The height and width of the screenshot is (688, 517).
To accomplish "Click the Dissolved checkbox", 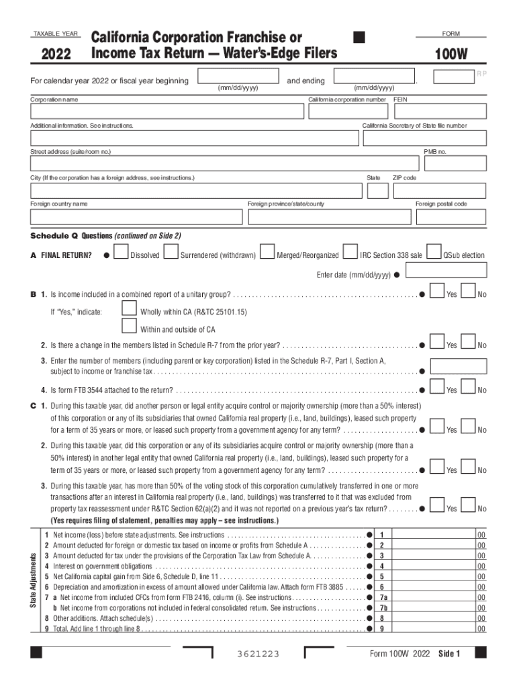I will pos(122,252).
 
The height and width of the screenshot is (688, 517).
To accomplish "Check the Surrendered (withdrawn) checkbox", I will pos(171,252).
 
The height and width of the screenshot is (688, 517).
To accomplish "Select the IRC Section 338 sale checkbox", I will pos(350,252).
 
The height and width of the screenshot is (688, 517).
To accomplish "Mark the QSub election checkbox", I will pos(434,252).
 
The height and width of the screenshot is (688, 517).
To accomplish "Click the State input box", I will pos(378,191).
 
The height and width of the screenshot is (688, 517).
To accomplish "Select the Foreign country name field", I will pos(136,216).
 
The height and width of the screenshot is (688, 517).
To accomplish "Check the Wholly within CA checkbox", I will pos(129,309).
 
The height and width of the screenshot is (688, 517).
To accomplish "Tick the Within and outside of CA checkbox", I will pos(129,327).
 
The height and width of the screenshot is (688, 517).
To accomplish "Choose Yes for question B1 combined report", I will pos(436,292).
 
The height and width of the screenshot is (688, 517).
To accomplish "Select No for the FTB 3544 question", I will pos(468,386).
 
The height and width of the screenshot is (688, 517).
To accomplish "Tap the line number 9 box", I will pos(381,629).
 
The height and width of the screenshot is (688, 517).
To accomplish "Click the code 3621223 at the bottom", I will pos(258,654).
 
